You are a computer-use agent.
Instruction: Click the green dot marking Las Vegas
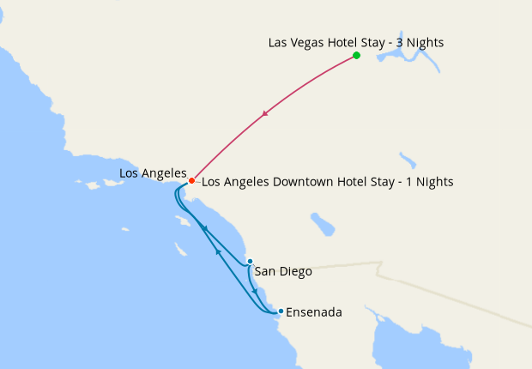(356, 56)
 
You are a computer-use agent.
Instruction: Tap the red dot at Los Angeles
(191, 181)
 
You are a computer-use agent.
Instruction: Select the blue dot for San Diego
(249, 261)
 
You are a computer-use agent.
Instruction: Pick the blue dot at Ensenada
(281, 311)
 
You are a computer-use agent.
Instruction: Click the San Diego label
(283, 271)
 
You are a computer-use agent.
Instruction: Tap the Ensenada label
(313, 312)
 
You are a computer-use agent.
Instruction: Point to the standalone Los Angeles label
(153, 173)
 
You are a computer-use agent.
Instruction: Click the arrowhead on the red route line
(266, 114)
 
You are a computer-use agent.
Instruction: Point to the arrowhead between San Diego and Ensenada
(255, 290)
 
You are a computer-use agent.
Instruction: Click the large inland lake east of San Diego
(323, 225)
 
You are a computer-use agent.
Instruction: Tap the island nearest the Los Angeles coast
(182, 221)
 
